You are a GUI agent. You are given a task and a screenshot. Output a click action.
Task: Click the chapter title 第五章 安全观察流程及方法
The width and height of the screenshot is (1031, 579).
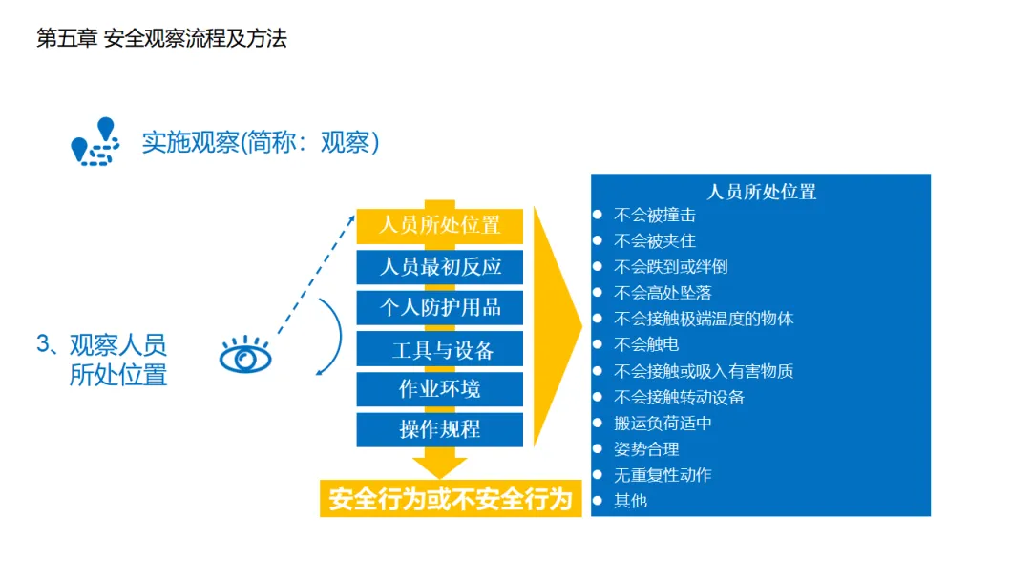(x=161, y=39)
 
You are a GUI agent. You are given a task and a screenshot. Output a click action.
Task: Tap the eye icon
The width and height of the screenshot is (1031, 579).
(x=245, y=356)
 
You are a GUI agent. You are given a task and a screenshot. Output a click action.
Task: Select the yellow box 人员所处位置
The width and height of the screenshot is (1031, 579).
(x=440, y=226)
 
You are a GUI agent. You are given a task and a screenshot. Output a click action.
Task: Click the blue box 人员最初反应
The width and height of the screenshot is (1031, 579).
(x=440, y=266)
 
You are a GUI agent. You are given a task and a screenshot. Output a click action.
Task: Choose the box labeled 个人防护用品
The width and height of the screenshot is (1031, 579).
(x=440, y=307)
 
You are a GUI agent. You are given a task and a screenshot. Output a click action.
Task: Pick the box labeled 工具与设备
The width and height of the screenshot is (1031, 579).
(x=440, y=349)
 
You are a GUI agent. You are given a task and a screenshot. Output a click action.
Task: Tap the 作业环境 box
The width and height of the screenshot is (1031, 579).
(x=440, y=389)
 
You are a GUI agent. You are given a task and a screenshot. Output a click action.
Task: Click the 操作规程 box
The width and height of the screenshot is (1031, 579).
(x=440, y=429)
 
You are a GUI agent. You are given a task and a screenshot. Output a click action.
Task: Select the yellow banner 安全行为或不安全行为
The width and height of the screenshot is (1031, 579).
(x=450, y=499)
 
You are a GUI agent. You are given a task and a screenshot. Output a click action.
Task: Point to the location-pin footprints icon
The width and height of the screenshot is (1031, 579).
(x=95, y=142)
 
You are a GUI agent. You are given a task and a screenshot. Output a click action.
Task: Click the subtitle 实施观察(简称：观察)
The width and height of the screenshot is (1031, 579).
(x=261, y=143)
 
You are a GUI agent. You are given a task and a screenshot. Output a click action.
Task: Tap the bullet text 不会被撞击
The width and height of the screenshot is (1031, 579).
(x=655, y=216)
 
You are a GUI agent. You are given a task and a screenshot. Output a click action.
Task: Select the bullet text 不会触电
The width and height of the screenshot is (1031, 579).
(x=646, y=344)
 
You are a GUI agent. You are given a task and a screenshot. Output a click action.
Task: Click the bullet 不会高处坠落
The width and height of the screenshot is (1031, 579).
(x=663, y=293)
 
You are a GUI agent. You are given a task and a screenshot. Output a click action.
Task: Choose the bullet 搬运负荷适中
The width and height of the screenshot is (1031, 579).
(x=663, y=423)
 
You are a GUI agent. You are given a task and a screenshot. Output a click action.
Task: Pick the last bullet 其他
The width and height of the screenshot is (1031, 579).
(x=630, y=500)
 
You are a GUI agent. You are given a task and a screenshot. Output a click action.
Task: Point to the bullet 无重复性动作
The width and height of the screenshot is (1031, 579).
(x=663, y=474)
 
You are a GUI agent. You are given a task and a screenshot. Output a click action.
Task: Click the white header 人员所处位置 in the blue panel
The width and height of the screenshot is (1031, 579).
(x=761, y=192)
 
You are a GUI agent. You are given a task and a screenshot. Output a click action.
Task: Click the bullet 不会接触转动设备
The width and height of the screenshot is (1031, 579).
(x=679, y=397)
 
